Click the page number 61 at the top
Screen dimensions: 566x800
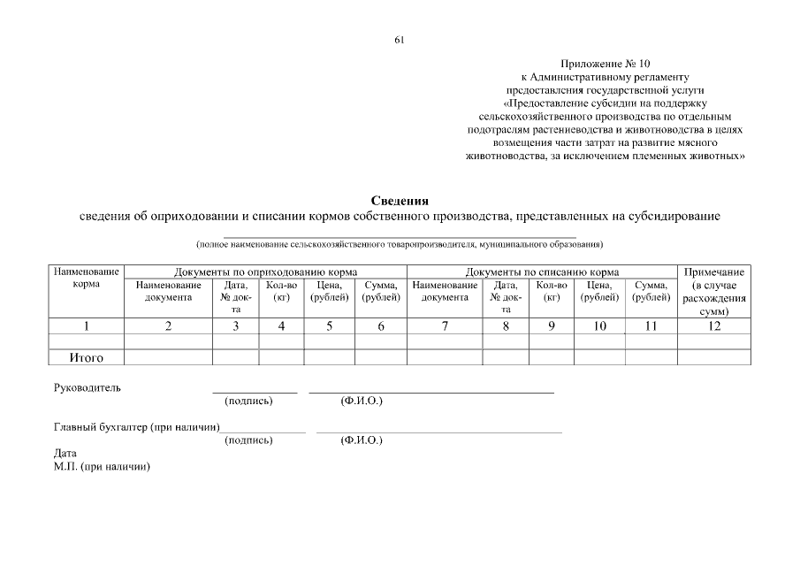(400, 40)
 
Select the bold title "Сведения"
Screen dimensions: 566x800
(400, 202)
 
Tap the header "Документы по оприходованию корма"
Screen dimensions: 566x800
(265, 272)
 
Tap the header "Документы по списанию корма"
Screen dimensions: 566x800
(542, 272)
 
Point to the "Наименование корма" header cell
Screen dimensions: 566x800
(88, 278)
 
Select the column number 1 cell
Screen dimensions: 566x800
(88, 326)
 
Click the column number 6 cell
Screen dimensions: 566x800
(381, 326)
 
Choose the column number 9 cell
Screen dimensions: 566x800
(552, 326)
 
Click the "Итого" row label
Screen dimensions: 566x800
(88, 357)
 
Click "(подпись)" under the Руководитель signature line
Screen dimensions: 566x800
(249, 401)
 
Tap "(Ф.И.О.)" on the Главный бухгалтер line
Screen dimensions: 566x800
(362, 440)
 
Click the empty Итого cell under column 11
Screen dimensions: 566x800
(651, 357)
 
